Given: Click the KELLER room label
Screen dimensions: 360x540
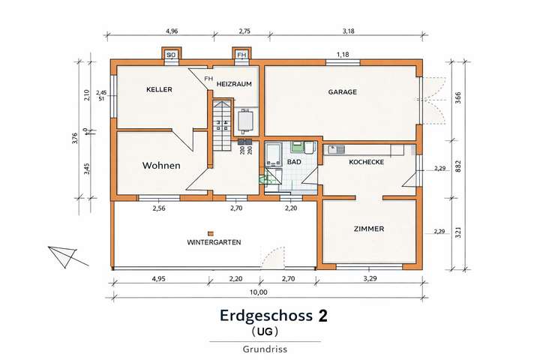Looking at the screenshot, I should coord(159,89).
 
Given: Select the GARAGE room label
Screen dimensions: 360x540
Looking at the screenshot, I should coord(342,92).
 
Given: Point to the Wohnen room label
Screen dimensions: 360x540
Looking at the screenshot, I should coord(160,166).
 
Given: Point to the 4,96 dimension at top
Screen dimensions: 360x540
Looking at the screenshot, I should coord(172,31).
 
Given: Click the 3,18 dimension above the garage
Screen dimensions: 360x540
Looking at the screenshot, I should coord(347,31).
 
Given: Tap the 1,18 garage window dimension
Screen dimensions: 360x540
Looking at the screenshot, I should coord(343,55).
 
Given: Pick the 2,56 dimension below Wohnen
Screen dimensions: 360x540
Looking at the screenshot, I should coord(159,208).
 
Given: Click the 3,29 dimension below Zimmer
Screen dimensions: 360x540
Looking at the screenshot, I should coord(370,278).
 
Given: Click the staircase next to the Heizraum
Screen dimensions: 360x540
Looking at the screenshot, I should coord(220,124).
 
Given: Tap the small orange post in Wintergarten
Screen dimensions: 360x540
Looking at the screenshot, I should coord(211,232).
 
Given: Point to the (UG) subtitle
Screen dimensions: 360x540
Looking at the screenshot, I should coord(264,330).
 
